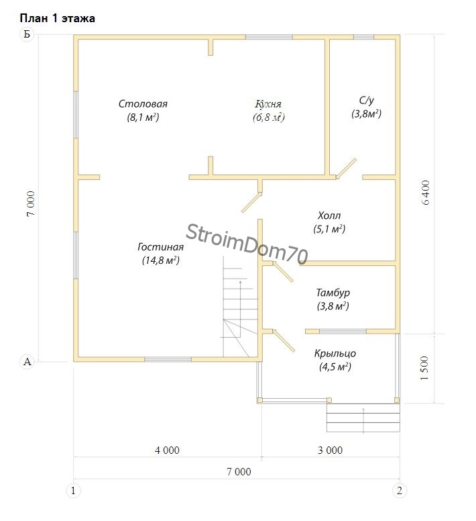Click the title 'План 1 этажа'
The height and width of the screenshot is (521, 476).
(x=58, y=18)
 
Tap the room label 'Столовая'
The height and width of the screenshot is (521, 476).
(x=143, y=103)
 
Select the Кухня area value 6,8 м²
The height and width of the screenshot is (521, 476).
(x=269, y=117)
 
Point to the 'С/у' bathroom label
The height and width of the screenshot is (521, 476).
(x=366, y=100)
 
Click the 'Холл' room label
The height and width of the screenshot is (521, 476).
(x=329, y=216)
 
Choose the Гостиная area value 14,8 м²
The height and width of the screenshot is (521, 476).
(x=161, y=260)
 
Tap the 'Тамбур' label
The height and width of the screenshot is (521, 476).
(x=333, y=293)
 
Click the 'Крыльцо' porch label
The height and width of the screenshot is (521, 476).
(x=335, y=353)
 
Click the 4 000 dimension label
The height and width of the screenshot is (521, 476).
(x=167, y=451)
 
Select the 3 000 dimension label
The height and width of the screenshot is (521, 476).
(x=330, y=451)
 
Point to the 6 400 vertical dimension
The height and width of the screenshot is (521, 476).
(x=426, y=193)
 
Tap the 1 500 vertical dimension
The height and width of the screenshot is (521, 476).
(x=424, y=368)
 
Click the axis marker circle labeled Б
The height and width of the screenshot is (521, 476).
(x=27, y=34)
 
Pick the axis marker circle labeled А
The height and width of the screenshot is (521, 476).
(x=27, y=361)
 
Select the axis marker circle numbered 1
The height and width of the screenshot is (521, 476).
(x=73, y=490)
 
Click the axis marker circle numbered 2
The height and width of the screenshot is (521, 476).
(x=400, y=490)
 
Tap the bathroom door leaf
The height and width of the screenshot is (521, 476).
(x=347, y=168)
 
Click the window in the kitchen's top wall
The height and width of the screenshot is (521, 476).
(x=269, y=37)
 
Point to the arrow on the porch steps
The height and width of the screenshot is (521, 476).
(x=364, y=420)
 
